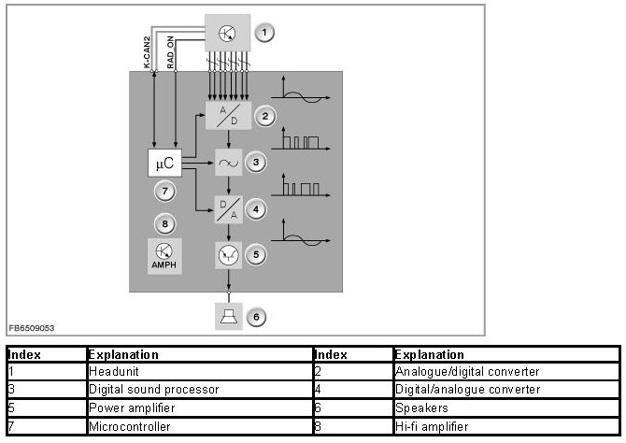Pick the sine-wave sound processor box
228,163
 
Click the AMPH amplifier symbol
164,254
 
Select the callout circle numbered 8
164,224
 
